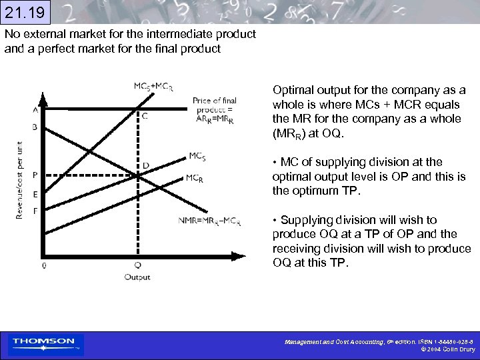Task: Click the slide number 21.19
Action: [26, 12]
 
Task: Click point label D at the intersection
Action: [146, 165]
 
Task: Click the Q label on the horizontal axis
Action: [137, 265]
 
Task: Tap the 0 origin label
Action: [43, 265]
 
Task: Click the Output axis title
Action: [137, 277]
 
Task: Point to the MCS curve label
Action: [197, 156]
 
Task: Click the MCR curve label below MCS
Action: [195, 178]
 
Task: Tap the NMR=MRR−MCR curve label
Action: [209, 221]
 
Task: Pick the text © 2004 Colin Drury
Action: [447, 349]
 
